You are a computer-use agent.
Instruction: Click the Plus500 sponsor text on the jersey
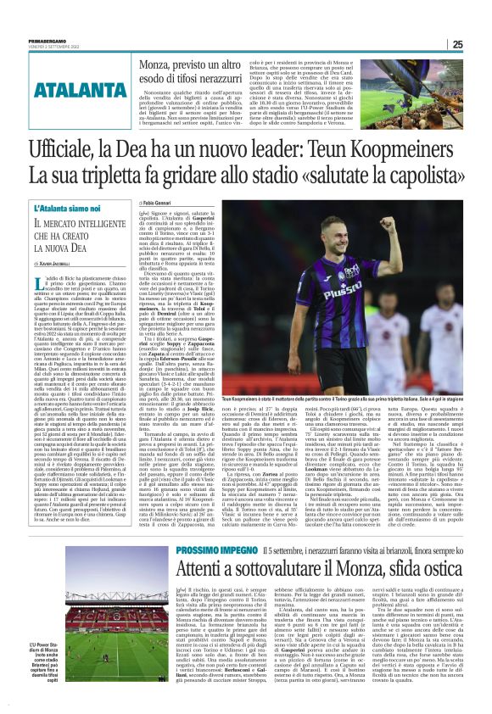pyautogui.click(x=353, y=289)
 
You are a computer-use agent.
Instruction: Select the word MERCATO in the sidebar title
pyautogui.click(x=80, y=226)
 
